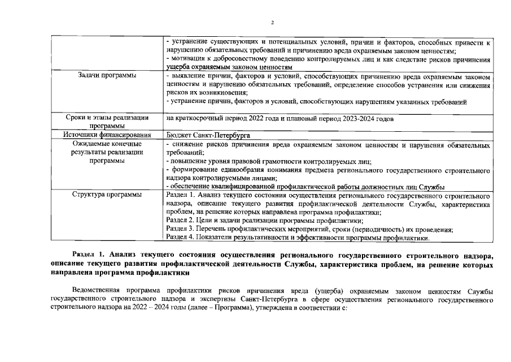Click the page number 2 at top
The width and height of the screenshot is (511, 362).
pyautogui.click(x=272, y=23)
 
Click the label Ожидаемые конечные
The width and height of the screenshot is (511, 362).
pyautogui.click(x=107, y=144)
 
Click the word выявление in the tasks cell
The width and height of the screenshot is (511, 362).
pyautogui.click(x=187, y=75)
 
